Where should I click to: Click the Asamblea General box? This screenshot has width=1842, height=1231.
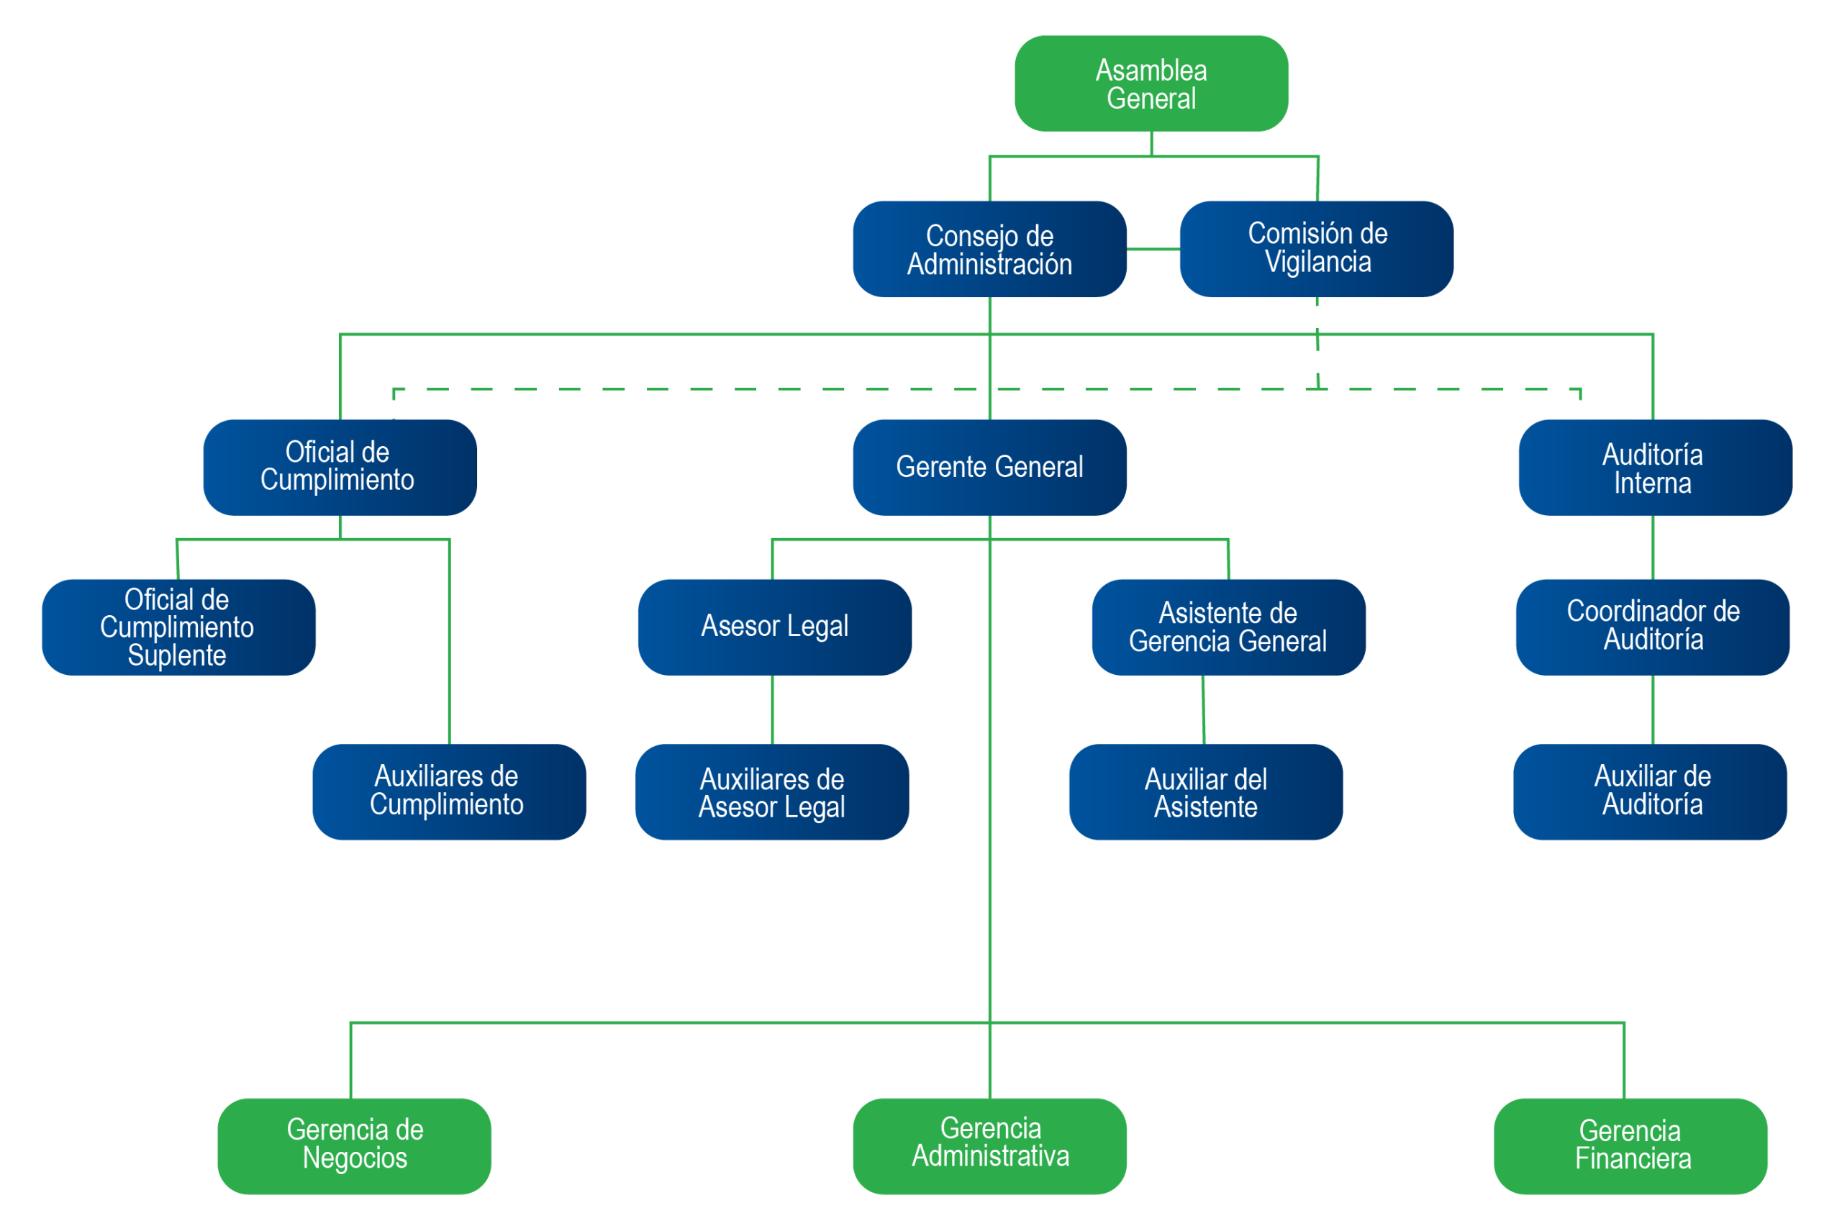pos(1151,84)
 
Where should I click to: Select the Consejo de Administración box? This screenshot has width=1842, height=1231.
pos(989,250)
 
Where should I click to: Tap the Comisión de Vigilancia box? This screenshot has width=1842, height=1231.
pos(1317,248)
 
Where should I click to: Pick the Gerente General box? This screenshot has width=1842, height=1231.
pos(989,467)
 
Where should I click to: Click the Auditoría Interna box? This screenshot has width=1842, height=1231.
pos(1654,468)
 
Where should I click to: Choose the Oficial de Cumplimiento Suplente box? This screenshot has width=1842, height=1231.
pos(178,627)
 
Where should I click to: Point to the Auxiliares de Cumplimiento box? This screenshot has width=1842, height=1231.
pos(449,792)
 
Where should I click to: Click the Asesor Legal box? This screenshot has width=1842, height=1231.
pos(774,627)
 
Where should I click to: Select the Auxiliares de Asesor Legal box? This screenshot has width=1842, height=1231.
pos(772,792)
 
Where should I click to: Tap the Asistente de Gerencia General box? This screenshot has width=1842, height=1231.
pos(1228,627)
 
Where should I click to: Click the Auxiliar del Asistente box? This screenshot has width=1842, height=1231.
pos(1205,792)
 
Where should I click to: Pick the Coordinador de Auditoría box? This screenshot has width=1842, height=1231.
pos(1652,627)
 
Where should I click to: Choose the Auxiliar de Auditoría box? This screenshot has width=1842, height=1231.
pos(1650,792)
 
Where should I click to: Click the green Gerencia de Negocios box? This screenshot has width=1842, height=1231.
pos(354,1145)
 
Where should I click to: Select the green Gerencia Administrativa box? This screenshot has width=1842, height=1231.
pos(989,1145)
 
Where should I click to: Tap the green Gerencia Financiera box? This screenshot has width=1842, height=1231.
pos(1630,1145)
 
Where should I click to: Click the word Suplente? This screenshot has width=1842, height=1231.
pos(177,655)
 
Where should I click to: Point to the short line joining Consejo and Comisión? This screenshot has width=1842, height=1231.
pos(1153,249)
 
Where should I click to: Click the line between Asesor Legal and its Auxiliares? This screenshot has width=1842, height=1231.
pos(773,709)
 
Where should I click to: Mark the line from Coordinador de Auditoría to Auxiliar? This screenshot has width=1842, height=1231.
pos(1653,709)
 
